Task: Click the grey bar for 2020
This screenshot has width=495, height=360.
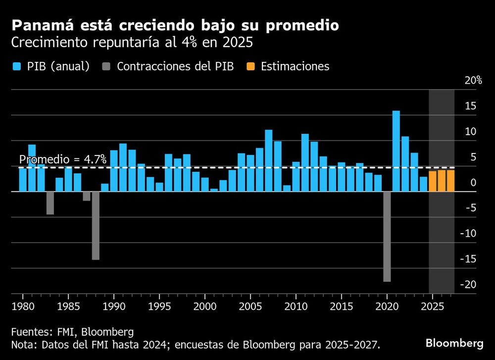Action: pyautogui.click(x=387, y=236)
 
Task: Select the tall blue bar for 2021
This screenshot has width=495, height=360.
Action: pyautogui.click(x=396, y=151)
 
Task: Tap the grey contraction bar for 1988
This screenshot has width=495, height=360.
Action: pyautogui.click(x=96, y=225)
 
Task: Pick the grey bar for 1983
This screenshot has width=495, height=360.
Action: pyautogui.click(x=50, y=203)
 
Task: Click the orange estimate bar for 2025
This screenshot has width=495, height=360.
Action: pyautogui.click(x=433, y=181)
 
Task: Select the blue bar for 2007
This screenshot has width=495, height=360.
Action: pyautogui.click(x=269, y=161)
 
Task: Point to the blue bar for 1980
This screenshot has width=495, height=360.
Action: pyautogui.click(x=23, y=180)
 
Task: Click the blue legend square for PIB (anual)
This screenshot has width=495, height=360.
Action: pyautogui.click(x=16, y=66)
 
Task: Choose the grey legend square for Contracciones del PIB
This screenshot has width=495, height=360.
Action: pyautogui.click(x=106, y=66)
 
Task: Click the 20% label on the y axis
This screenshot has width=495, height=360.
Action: pyautogui.click(x=473, y=81)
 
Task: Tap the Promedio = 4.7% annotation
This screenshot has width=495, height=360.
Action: pyautogui.click(x=62, y=159)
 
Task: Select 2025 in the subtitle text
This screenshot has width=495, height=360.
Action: pyautogui.click(x=237, y=43)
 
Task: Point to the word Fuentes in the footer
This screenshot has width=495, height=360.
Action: pyautogui.click(x=30, y=331)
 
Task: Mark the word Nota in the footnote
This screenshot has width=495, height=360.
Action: pyautogui.click(x=23, y=344)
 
